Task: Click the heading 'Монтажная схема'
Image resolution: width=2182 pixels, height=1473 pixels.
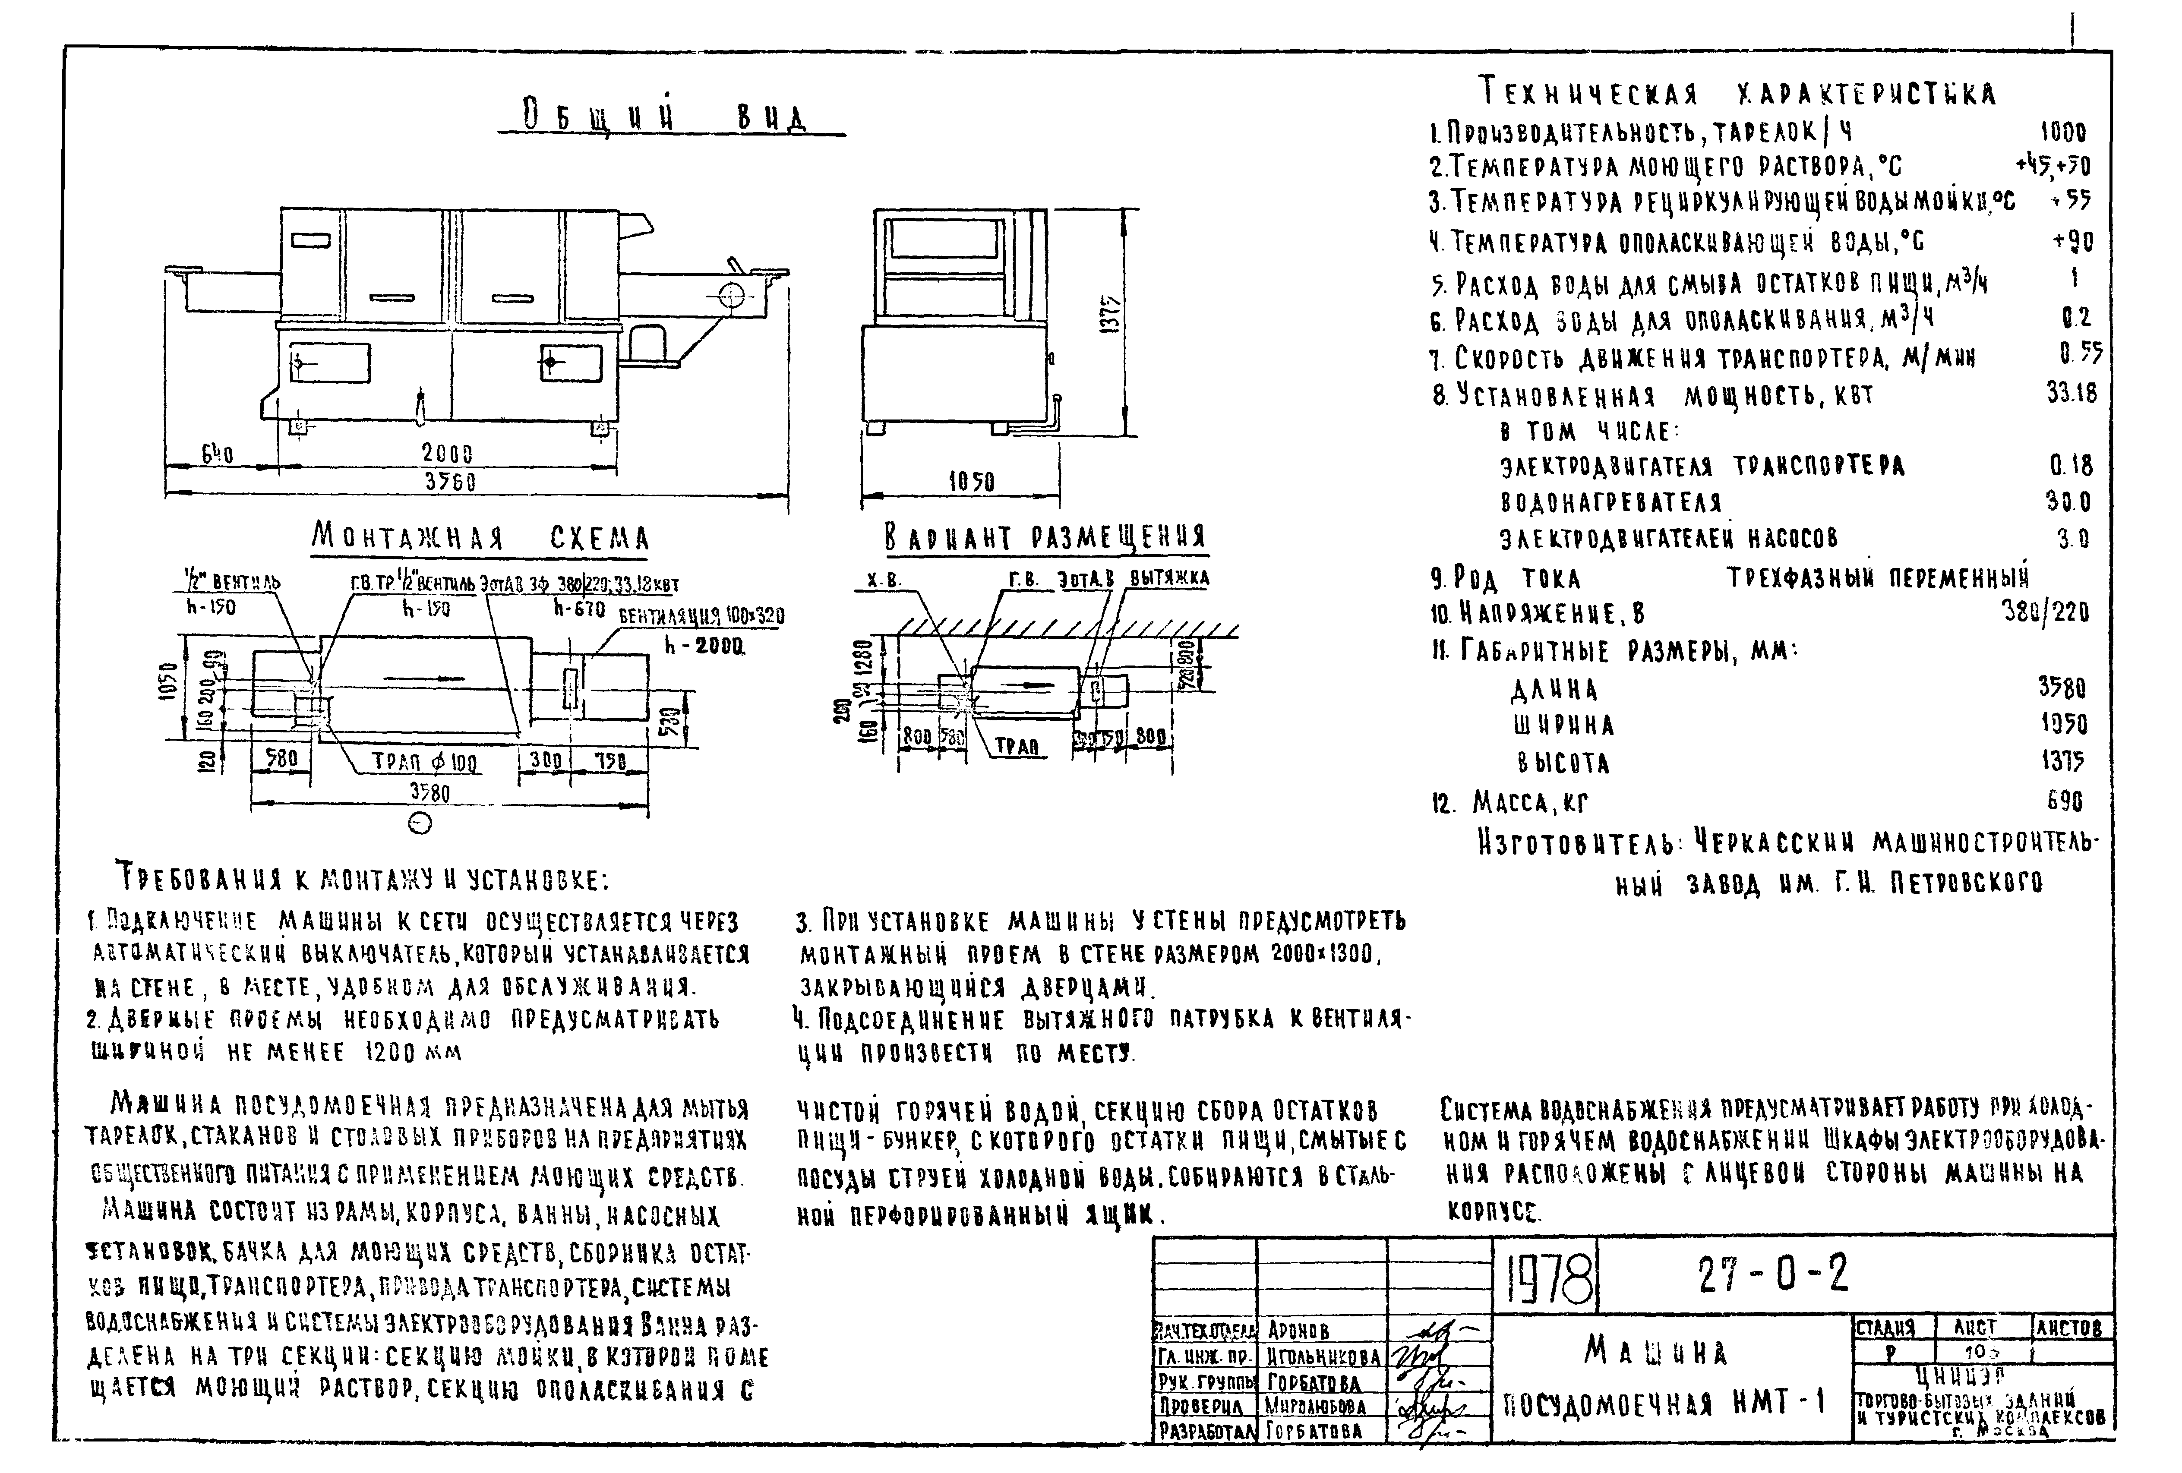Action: pos(481,538)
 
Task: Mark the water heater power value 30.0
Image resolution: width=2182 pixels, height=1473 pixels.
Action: pos(2068,502)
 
